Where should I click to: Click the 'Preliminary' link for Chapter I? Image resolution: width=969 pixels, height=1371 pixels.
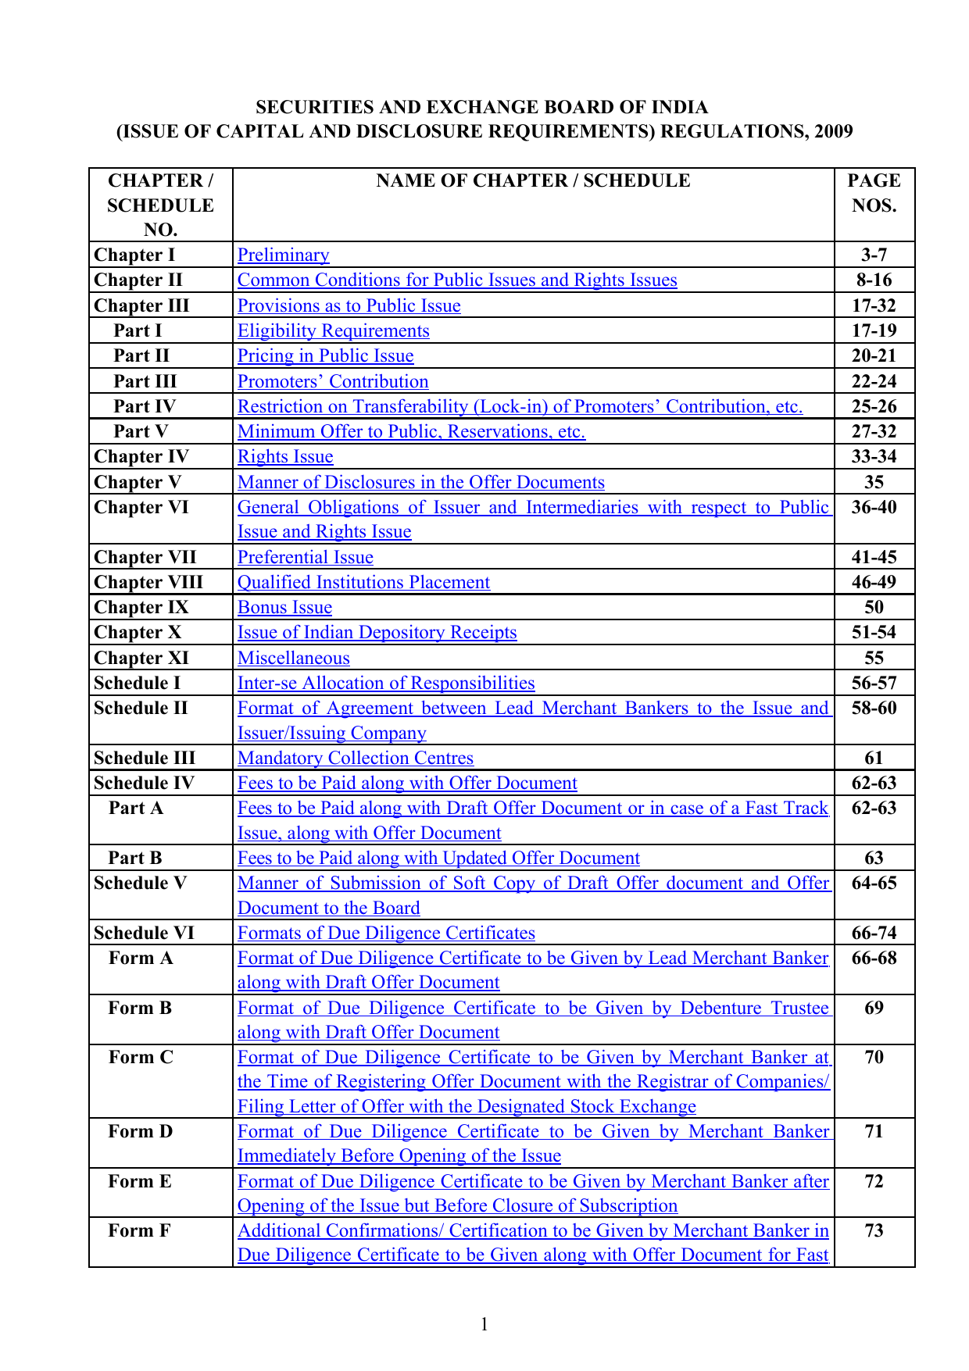tap(283, 255)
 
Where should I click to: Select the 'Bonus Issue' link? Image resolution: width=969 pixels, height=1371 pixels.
tap(284, 608)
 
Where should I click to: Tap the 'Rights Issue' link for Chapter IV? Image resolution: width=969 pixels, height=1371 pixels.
tap(285, 457)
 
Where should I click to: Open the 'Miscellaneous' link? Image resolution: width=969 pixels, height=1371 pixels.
tap(293, 659)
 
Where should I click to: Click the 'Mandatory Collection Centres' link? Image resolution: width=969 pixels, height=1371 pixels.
tap(355, 759)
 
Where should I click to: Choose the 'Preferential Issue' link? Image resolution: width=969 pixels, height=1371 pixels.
tap(305, 558)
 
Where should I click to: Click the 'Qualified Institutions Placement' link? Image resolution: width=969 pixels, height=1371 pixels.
tap(363, 583)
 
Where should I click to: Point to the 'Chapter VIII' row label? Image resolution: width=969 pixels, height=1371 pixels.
tap(148, 583)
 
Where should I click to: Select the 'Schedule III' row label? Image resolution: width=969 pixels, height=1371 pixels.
tap(144, 759)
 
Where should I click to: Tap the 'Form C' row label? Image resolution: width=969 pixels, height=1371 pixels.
tap(141, 1058)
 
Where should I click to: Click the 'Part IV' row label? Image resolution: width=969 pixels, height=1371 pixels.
tap(145, 407)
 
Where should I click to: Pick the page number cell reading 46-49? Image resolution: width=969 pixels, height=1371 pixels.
tap(874, 583)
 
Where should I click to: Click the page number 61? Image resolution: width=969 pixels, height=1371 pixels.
tap(874, 759)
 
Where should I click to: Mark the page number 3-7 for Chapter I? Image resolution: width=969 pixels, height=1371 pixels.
tap(874, 255)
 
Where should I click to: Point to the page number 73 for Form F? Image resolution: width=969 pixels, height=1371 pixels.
tap(874, 1231)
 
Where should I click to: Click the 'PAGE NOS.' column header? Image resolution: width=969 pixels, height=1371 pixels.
tap(874, 193)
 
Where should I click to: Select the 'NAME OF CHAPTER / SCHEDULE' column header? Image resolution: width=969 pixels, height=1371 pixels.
tap(533, 181)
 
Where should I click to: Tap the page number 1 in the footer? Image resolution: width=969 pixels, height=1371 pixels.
tap(484, 1324)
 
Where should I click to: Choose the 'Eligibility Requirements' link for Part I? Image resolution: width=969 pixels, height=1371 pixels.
tap(333, 331)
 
